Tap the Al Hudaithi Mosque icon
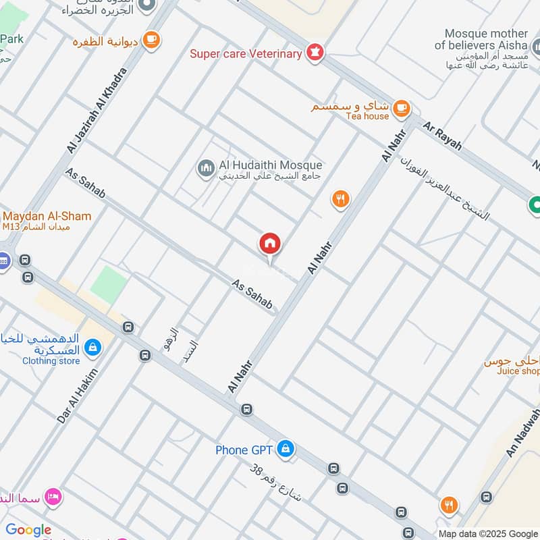point(205,168)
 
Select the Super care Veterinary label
point(246,54)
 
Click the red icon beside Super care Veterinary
point(314,53)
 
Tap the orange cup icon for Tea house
point(401,107)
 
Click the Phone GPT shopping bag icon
point(286,448)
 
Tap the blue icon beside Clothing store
point(93,348)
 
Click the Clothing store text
point(51,361)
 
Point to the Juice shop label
point(518,371)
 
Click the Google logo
point(28,530)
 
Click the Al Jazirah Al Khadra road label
point(96,110)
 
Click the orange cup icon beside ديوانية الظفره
point(153,40)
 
